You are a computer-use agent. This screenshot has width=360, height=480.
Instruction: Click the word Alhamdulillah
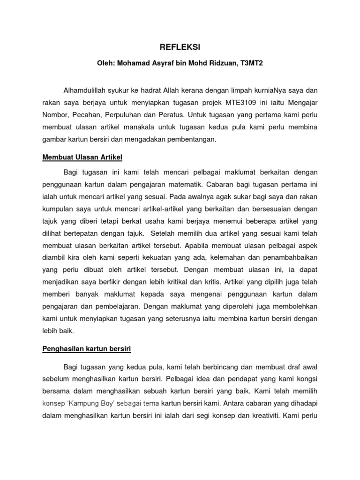pyautogui.click(x=89, y=90)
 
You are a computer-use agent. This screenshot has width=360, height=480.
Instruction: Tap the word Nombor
pyautogui.click(x=53, y=114)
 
